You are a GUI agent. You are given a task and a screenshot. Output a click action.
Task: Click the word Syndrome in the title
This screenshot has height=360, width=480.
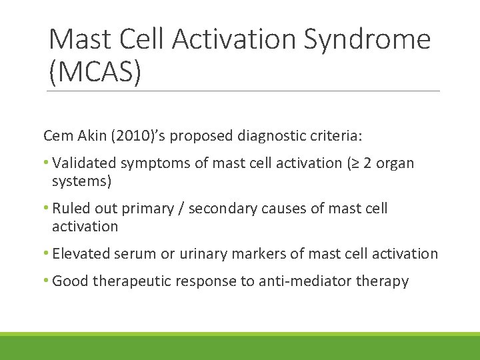tap(367, 40)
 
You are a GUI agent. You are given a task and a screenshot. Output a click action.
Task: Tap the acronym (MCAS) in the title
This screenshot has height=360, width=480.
tap(95, 71)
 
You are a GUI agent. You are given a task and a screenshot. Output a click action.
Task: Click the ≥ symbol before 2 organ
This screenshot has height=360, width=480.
tap(359, 163)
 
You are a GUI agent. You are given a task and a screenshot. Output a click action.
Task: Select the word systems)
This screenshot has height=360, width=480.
tap(81, 181)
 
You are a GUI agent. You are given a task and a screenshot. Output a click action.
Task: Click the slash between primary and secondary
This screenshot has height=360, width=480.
tap(182, 209)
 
